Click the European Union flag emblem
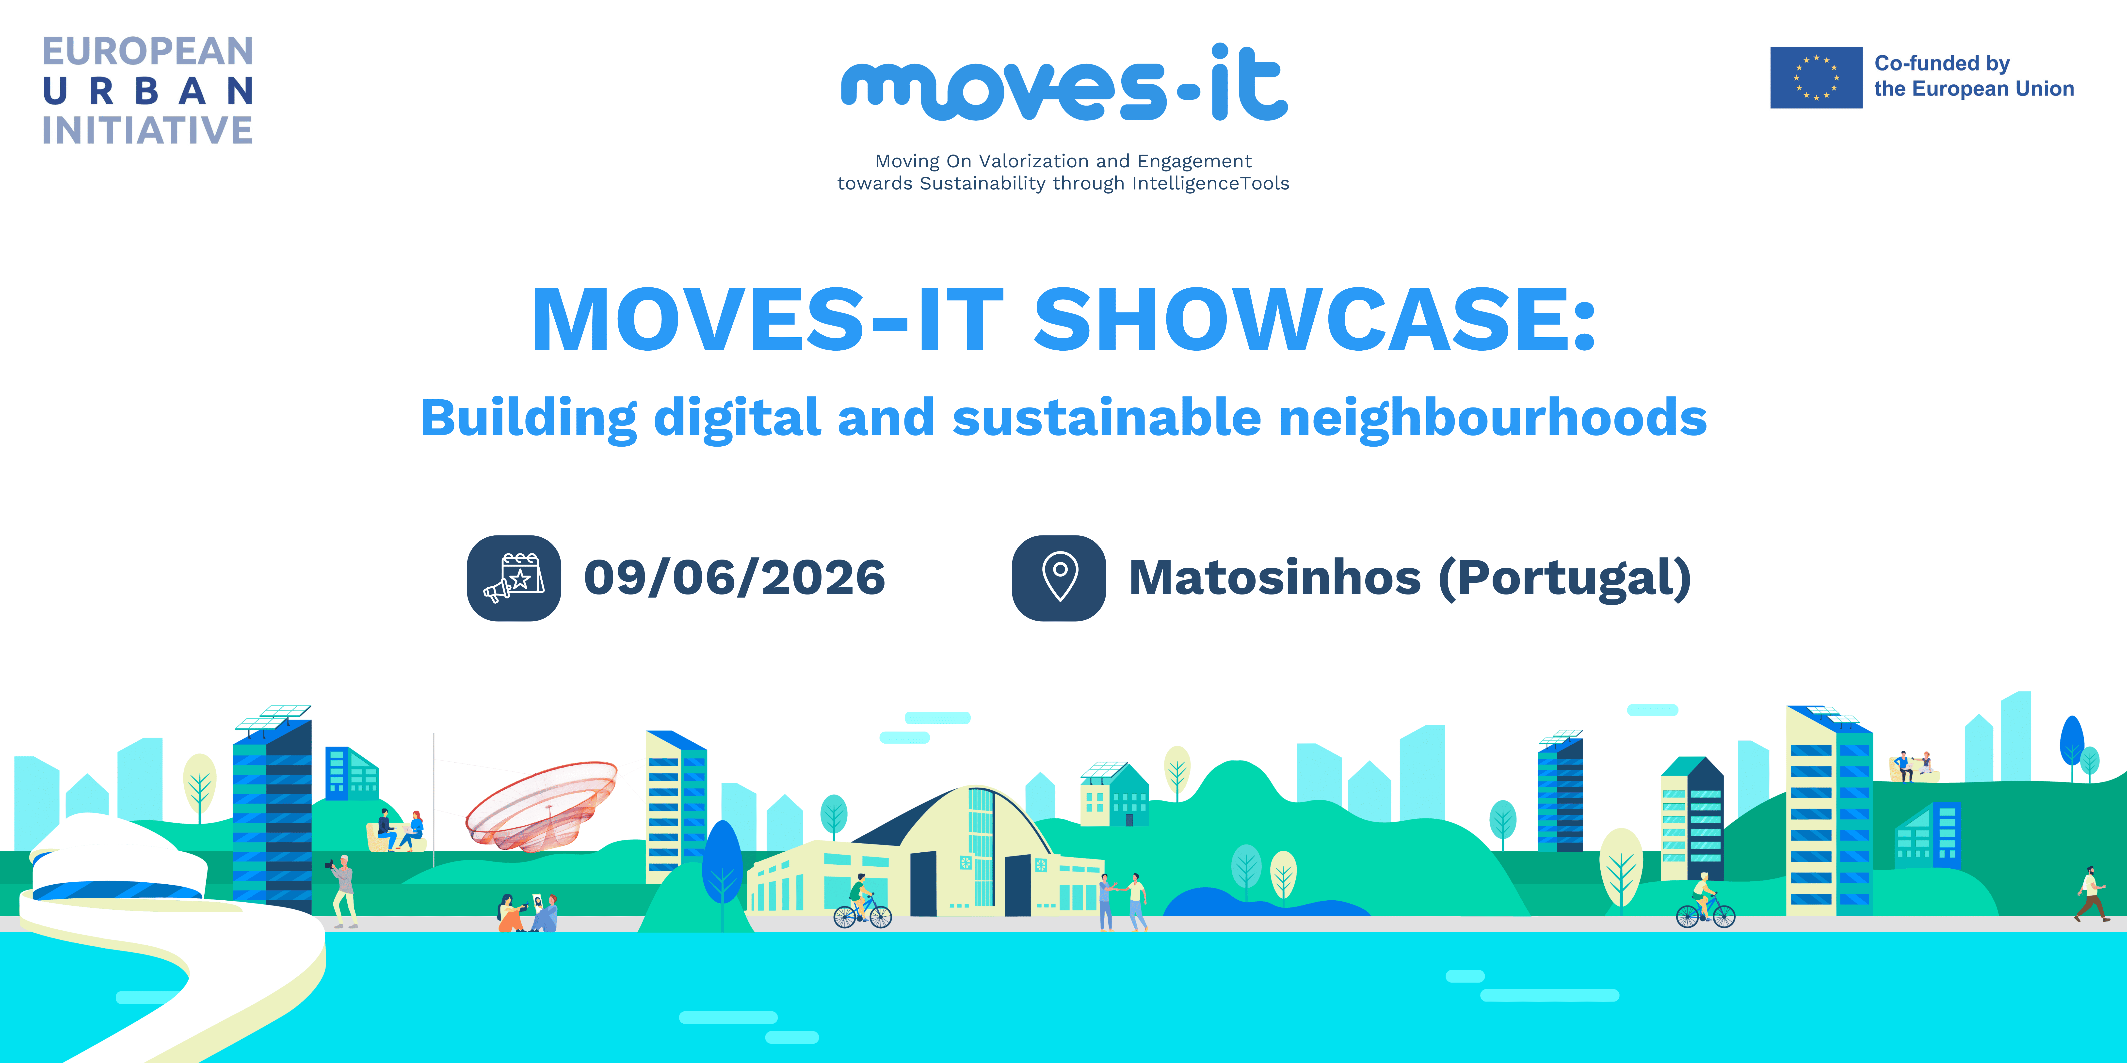[x=1816, y=78]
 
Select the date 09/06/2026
[x=734, y=578]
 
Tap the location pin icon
[x=1059, y=578]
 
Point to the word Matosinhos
[x=1274, y=578]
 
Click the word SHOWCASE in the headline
[x=1315, y=320]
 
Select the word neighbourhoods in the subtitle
[x=1493, y=418]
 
